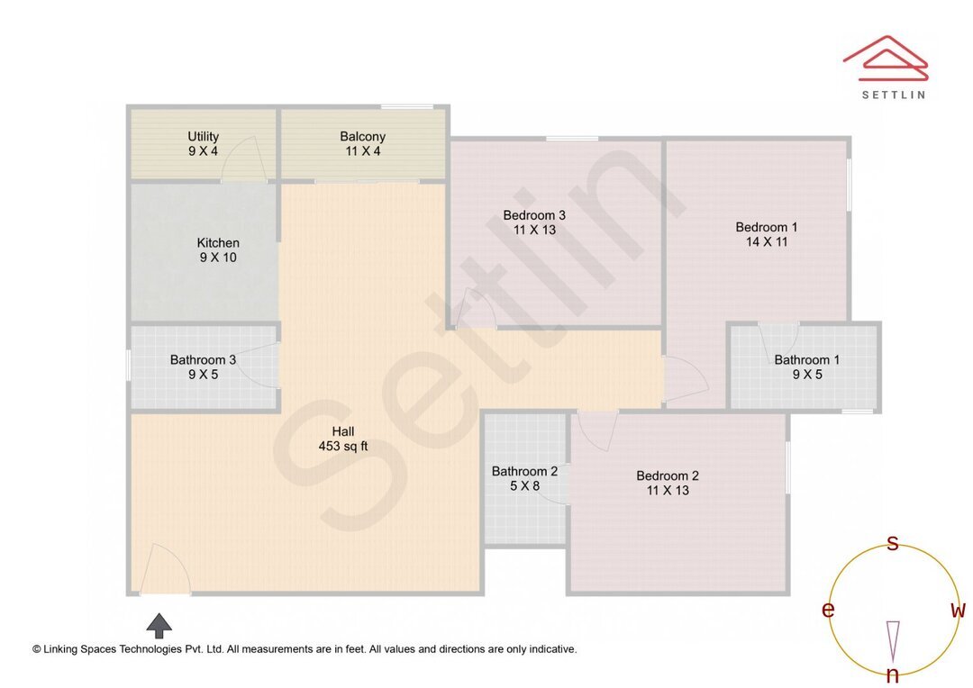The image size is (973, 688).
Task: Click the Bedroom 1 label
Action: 766,227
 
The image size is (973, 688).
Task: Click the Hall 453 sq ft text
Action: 342,439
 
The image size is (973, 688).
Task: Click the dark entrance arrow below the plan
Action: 159,625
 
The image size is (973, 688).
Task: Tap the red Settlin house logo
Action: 886,59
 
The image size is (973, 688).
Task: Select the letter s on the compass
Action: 893,542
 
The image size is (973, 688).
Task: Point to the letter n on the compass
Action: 893,675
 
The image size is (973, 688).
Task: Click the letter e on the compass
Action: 828,611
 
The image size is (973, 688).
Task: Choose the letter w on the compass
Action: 958,611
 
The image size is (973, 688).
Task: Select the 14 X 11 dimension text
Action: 767,241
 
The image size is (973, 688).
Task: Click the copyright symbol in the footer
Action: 37,648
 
